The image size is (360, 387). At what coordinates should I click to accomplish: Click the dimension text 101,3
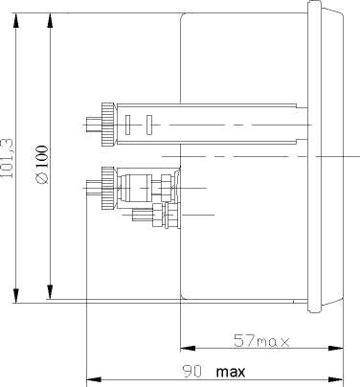coord(7,158)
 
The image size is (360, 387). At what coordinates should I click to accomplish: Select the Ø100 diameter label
coord(42,165)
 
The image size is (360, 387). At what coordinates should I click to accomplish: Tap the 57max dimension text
coord(261,340)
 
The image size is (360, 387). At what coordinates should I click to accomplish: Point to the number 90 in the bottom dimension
coord(192,372)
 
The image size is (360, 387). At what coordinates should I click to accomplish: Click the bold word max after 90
coord(231,372)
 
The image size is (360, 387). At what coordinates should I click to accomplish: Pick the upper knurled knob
coord(107,125)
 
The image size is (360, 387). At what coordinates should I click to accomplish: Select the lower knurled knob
coord(107,188)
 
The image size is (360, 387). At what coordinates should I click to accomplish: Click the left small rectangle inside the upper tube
coord(128,125)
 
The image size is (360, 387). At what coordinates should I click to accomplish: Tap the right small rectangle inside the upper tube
coord(149,125)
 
